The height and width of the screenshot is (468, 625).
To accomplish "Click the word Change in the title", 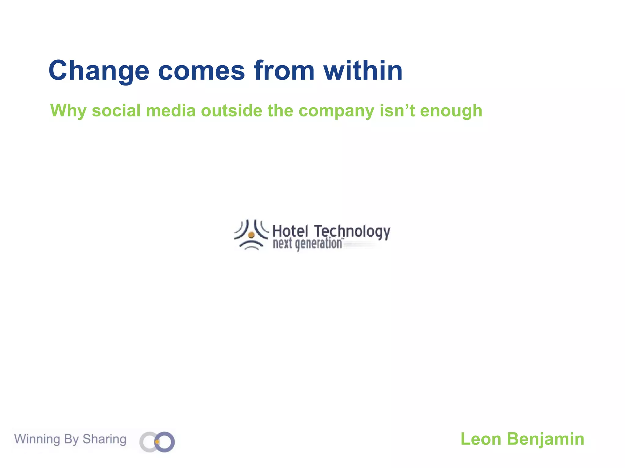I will (x=99, y=71).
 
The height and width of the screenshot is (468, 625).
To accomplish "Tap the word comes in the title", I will (x=201, y=71).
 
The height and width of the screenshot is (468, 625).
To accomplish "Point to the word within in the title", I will (x=363, y=71).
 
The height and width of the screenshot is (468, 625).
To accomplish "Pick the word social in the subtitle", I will (x=116, y=110).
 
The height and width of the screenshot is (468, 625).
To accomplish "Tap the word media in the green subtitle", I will (x=171, y=110).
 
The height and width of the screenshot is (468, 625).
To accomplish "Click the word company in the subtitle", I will (x=336, y=111).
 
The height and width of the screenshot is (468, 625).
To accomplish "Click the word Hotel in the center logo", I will (x=290, y=231).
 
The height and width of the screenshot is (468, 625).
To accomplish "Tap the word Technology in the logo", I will (x=352, y=232).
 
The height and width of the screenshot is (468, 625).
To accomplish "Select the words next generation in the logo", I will (x=307, y=244).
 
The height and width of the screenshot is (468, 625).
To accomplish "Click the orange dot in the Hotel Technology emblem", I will (x=251, y=235).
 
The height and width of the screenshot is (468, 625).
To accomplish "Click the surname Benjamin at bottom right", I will (x=545, y=439).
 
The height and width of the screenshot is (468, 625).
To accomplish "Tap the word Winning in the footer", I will (x=37, y=439).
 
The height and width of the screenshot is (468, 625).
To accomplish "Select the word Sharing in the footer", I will (x=104, y=439).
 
